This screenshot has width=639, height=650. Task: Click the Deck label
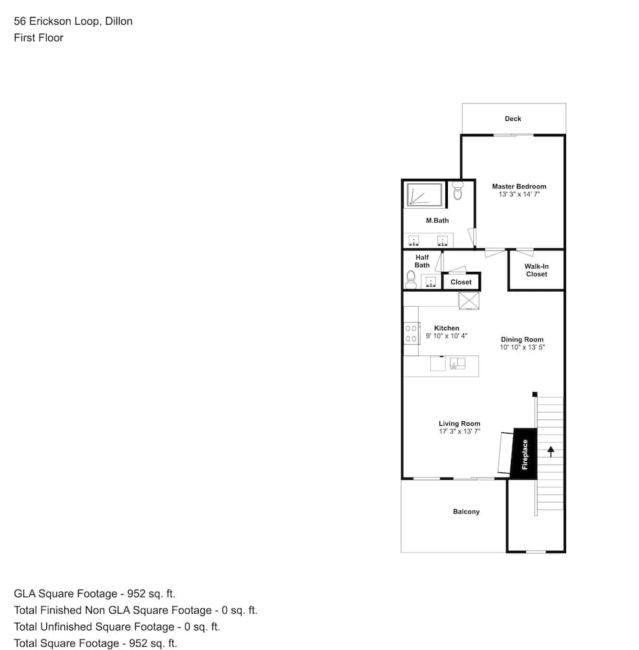[x=513, y=118]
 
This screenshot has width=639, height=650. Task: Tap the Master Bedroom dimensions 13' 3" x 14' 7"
[x=519, y=194]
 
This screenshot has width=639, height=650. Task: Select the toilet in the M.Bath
[x=458, y=190]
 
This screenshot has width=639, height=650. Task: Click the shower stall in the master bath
[x=424, y=194]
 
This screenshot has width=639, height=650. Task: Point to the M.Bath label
[x=437, y=220]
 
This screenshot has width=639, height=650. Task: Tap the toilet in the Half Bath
[x=411, y=279]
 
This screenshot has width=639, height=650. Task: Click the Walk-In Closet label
[x=536, y=270]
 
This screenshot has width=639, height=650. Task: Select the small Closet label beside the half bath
[x=461, y=282]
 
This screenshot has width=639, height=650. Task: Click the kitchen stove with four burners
[x=411, y=333]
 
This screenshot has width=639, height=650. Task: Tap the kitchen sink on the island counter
[x=458, y=363]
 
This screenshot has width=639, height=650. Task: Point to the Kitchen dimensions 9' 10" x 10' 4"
[x=447, y=336]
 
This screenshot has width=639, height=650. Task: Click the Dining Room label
[x=522, y=339]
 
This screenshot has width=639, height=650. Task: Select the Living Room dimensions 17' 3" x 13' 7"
[x=460, y=431]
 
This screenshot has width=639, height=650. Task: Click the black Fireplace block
[x=524, y=454]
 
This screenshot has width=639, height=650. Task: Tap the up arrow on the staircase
[x=551, y=452]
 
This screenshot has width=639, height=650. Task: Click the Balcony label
[x=466, y=512]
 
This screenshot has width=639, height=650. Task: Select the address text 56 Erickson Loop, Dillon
[x=73, y=21]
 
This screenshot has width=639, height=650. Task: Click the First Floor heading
[x=38, y=38]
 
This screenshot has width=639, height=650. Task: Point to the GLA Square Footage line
[x=94, y=593]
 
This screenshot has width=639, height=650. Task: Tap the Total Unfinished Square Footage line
[x=117, y=627]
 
